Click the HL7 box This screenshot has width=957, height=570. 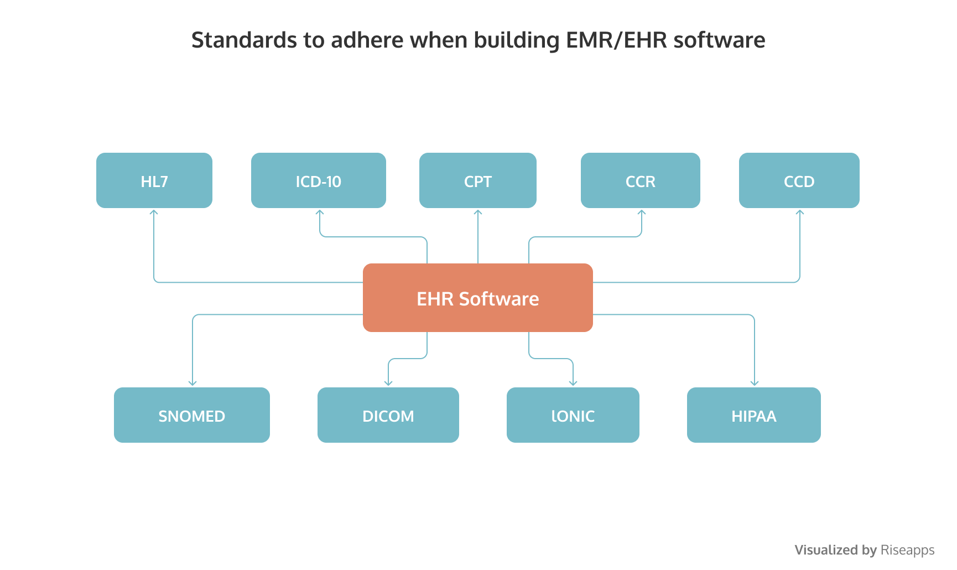click(154, 180)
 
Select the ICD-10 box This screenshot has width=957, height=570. click(319, 180)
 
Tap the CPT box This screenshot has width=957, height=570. click(478, 180)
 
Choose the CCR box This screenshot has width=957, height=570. click(641, 180)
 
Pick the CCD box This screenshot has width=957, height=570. click(799, 180)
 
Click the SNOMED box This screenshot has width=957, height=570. click(192, 415)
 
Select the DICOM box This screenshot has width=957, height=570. click(388, 415)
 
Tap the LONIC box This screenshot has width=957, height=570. click(573, 415)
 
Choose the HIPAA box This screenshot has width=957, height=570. click(754, 415)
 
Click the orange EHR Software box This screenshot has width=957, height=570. click(478, 298)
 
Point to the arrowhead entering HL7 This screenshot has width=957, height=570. click(154, 212)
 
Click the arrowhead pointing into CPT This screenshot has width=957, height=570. click(478, 212)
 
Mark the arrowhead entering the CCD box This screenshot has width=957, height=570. click(800, 212)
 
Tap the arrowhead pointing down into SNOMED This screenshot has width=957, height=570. click(193, 383)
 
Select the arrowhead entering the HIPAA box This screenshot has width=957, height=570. click(755, 383)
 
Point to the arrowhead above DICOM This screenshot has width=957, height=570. click(388, 383)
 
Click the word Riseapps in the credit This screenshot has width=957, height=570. click(907, 550)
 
